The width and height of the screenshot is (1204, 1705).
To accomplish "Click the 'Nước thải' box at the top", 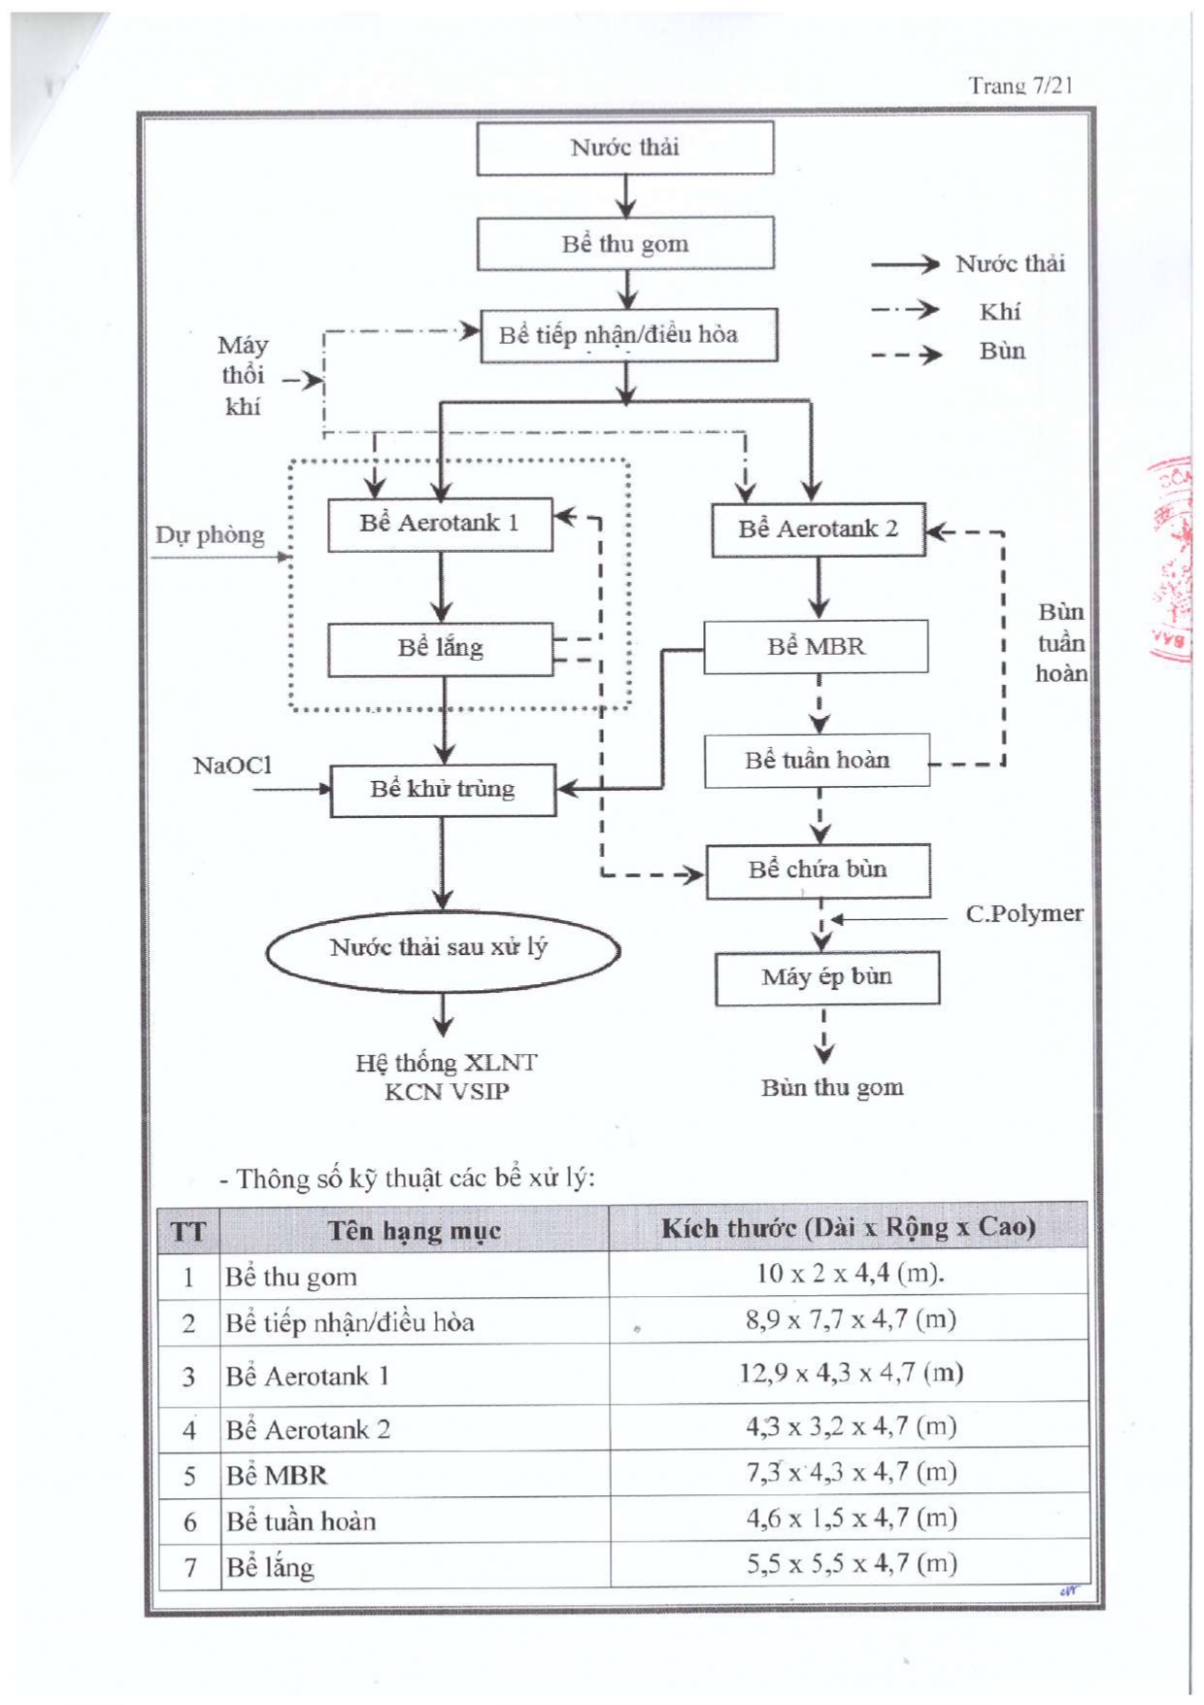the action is point(625,148).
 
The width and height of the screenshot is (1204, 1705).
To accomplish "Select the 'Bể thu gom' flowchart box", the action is point(625,243).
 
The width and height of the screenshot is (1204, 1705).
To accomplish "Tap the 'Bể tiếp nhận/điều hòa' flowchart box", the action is point(629,335).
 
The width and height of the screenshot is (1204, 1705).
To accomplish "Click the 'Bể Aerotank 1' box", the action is point(440,525).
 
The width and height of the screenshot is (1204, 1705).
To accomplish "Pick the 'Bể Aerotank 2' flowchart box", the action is point(819,529).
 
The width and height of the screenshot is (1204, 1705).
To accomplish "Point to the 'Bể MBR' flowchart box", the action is point(816,647).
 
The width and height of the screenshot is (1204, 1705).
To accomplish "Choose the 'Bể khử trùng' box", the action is point(443,790).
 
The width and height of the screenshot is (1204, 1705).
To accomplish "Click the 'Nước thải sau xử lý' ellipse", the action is point(443,950).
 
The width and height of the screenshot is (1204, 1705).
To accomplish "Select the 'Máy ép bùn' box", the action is point(827,977).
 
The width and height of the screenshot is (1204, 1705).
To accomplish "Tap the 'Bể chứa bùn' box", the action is point(819,870).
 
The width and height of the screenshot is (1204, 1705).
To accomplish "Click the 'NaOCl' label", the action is point(233,766).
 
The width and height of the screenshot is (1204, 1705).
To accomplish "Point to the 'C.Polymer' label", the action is point(1024,913).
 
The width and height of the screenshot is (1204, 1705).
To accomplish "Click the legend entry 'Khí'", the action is point(1000,312).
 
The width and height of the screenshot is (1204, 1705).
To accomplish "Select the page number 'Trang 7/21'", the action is point(1020,85).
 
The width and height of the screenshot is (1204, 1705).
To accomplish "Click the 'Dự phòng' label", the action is point(210,535).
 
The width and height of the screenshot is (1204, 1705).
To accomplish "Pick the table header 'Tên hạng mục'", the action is point(415,1231).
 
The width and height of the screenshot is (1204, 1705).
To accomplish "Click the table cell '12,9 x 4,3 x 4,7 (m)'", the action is point(851,1373).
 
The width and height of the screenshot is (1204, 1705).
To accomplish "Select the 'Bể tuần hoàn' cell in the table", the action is point(301,1521).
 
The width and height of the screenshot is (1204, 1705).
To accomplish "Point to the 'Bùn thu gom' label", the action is point(832,1087).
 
